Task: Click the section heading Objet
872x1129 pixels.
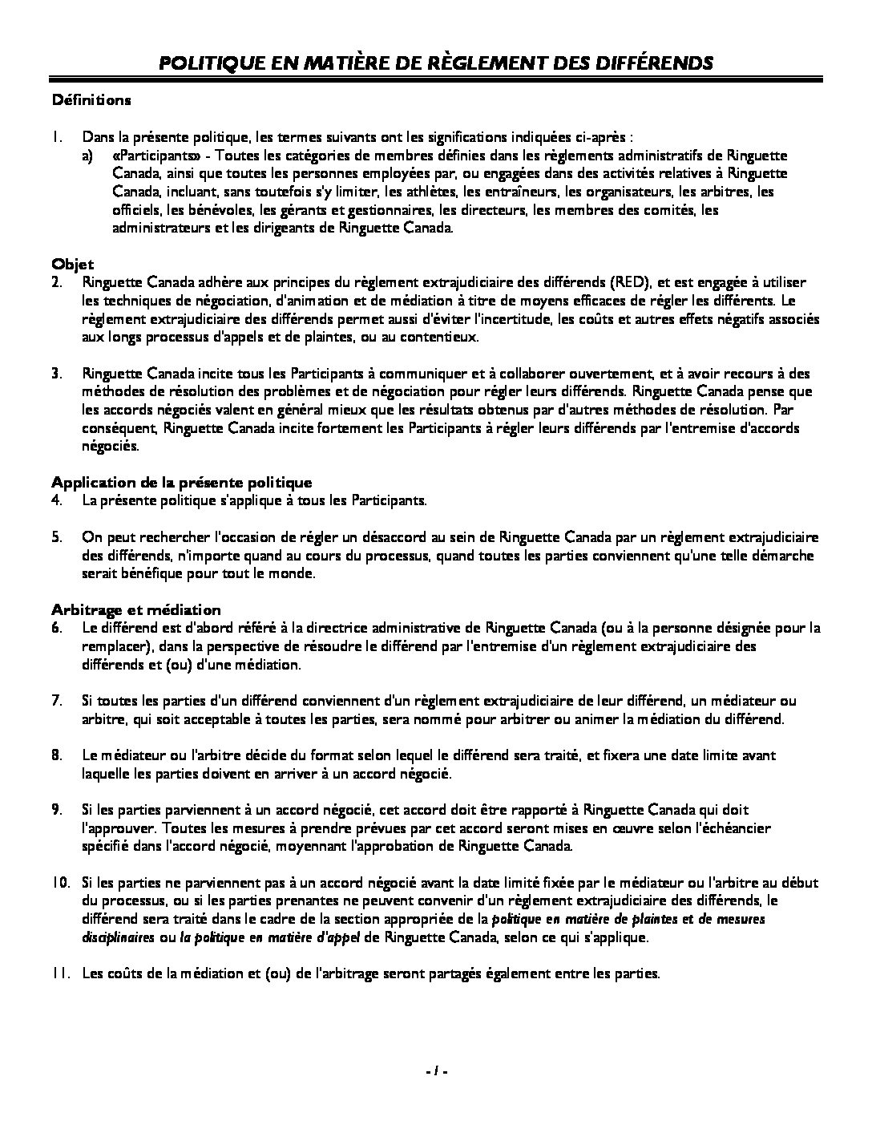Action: click(x=73, y=264)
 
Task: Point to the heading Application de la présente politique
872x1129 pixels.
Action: click(x=181, y=482)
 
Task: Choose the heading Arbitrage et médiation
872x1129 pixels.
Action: click(x=136, y=609)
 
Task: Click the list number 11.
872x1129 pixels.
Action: click(x=61, y=974)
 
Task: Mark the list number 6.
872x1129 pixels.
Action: click(x=57, y=628)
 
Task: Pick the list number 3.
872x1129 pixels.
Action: click(x=57, y=374)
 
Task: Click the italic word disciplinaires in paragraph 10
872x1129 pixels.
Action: click(x=119, y=937)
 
